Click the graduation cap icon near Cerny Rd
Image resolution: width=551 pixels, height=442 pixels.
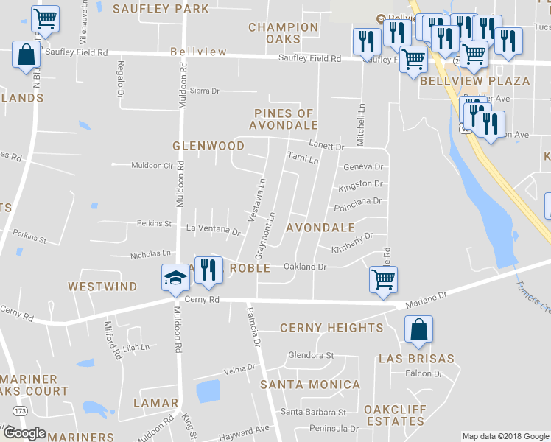175,278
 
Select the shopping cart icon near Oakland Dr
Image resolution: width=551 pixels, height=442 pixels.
383,280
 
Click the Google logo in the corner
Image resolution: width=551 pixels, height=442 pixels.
24,433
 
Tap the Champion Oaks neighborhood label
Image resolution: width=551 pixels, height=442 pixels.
284,32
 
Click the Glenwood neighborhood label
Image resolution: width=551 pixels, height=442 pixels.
198,146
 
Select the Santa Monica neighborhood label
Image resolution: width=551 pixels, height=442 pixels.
310,385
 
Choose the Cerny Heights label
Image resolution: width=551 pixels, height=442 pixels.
331,328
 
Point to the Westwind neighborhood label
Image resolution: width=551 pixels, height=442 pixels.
102,286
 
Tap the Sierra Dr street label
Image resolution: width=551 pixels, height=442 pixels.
205,91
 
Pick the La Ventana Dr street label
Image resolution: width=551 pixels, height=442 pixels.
213,231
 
